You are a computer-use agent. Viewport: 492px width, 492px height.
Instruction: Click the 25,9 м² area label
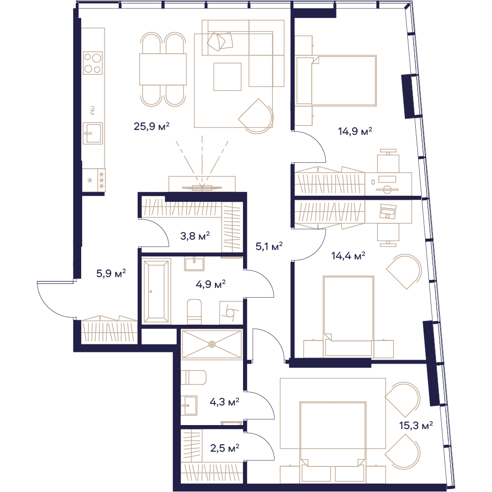[152, 126]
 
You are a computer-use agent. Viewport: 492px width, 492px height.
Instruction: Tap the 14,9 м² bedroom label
[355, 131]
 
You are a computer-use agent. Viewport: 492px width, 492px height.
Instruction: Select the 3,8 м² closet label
[195, 236]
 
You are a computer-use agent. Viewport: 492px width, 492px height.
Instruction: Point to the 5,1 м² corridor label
[269, 246]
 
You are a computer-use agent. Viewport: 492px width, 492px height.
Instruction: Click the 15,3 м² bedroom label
[416, 426]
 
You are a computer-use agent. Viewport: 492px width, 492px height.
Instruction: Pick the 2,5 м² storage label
[225, 448]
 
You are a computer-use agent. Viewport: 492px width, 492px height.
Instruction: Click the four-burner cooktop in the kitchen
[93, 63]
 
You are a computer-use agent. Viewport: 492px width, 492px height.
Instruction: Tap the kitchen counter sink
[92, 133]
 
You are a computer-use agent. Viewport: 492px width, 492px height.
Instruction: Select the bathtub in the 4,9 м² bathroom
[157, 291]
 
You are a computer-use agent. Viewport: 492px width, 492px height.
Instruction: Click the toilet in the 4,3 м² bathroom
[193, 377]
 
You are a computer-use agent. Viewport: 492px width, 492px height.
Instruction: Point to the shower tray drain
[212, 344]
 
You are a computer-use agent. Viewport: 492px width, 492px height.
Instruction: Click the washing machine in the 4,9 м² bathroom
[231, 313]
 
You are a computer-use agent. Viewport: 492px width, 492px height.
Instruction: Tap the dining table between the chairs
[163, 69]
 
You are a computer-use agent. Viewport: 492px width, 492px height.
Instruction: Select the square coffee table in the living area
[227, 77]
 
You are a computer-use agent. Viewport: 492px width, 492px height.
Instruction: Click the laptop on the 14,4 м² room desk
[388, 211]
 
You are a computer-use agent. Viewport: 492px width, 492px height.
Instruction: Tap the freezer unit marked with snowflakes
[93, 180]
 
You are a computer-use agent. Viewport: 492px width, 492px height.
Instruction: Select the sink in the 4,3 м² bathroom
[189, 405]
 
